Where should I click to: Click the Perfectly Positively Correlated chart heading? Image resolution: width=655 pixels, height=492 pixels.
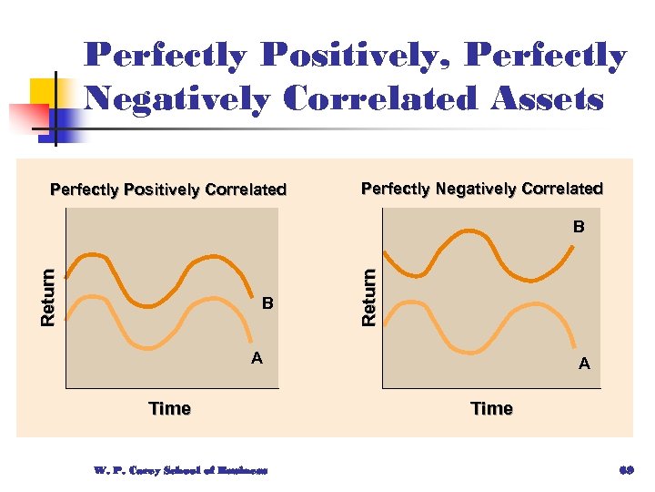click(168, 190)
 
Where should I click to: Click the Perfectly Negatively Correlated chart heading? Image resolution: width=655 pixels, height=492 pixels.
click(482, 189)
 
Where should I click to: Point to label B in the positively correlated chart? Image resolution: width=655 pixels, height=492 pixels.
click(267, 302)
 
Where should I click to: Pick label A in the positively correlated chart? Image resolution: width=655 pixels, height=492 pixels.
click(257, 358)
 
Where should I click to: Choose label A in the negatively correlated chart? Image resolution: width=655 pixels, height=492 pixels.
click(584, 364)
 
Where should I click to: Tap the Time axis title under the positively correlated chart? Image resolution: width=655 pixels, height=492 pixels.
click(170, 408)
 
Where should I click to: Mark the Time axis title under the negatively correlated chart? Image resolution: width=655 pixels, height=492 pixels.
click(491, 408)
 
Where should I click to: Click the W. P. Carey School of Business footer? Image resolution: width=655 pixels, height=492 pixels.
click(179, 471)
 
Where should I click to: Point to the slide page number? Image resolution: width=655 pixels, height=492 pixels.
click(624, 471)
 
